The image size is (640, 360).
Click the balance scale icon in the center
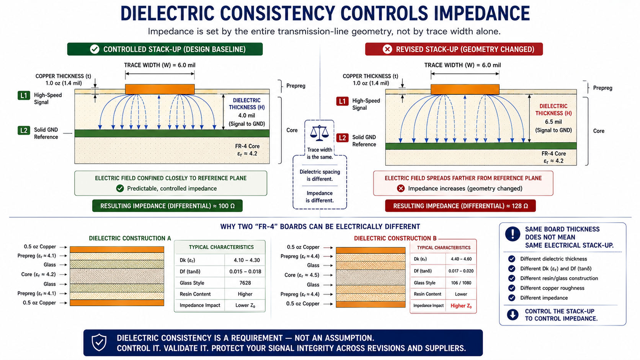pyautogui.click(x=320, y=133)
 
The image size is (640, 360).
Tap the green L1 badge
pyautogui.click(x=24, y=95)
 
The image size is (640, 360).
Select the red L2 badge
pyautogui.click(x=342, y=138)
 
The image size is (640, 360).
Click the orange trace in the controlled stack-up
pyautogui.click(x=160, y=89)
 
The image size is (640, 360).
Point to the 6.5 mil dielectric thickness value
pyautogui.click(x=553, y=122)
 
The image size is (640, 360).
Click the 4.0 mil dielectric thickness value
pyautogui.click(x=247, y=116)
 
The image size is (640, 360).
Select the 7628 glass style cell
pyautogui.click(x=245, y=283)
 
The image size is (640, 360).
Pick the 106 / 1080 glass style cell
pyautogui.click(x=461, y=283)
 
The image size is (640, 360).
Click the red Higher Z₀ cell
pyautogui.click(x=461, y=306)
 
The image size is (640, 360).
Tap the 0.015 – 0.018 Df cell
pyautogui.click(x=245, y=272)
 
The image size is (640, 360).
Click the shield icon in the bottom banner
pyautogui.click(x=99, y=342)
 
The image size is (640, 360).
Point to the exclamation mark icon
pyautogui.click(x=513, y=234)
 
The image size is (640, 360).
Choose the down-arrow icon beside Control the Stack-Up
pyautogui.click(x=513, y=314)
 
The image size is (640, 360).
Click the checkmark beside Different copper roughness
pyautogui.click(x=511, y=288)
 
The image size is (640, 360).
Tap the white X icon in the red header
pyautogui.click(x=387, y=49)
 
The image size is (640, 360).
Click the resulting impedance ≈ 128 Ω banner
pyautogui.click(x=460, y=206)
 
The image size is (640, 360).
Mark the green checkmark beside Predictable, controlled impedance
pyautogui.click(x=120, y=189)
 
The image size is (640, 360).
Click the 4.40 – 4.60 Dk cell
pyautogui.click(x=461, y=259)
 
